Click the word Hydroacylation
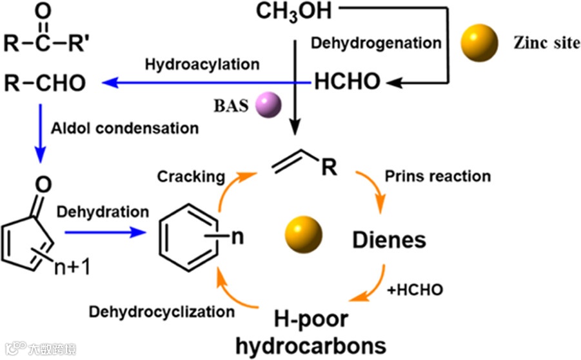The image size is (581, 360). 202,65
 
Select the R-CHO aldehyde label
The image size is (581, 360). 44,83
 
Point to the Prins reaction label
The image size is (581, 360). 437,175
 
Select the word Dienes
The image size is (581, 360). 389,241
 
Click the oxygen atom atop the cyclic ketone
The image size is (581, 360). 43,186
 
